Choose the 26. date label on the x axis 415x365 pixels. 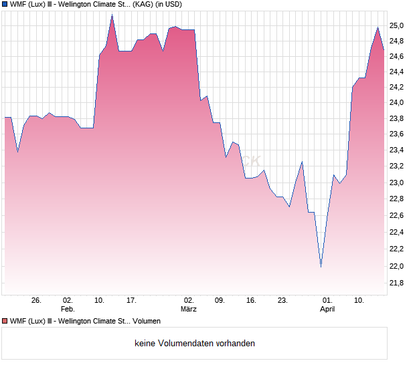click(x=36, y=301)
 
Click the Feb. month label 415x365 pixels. click(x=68, y=310)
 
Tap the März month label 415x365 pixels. click(x=189, y=310)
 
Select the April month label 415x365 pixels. click(x=327, y=310)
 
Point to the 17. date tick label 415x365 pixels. click(x=132, y=301)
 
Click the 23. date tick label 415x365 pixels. click(x=282, y=301)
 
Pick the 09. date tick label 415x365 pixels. click(x=220, y=301)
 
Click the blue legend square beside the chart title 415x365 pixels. click(x=5, y=5)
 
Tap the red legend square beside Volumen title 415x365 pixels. click(x=5, y=322)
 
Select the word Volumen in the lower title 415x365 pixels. click(x=146, y=322)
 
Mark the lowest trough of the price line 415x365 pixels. click(x=321, y=267)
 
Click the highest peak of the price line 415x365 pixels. click(x=112, y=15)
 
